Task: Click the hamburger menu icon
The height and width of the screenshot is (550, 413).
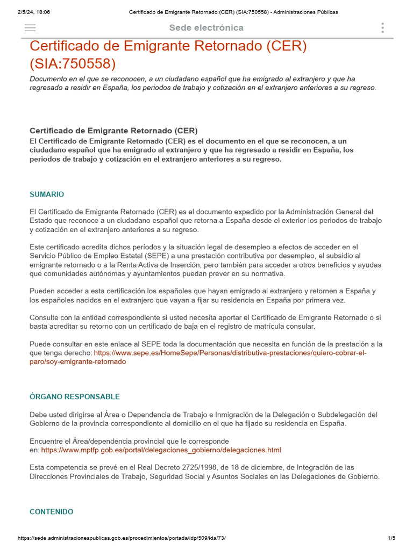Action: pos(30,28)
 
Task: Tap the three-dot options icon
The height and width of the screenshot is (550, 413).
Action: pos(382,28)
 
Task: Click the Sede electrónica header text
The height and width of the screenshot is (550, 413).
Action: pos(206,28)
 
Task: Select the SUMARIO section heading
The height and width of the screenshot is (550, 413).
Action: pos(47,194)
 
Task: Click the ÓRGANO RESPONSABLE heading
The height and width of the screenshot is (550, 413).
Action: pos(75,396)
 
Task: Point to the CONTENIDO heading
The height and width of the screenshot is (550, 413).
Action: pos(52,511)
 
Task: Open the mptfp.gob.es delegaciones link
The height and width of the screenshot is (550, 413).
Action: pos(161,450)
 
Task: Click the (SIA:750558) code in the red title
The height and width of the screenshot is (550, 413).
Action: pos(73,64)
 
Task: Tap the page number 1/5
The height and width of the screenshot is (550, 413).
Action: pos(391,538)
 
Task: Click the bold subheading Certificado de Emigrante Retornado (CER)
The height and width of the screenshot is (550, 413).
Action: pos(113,131)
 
